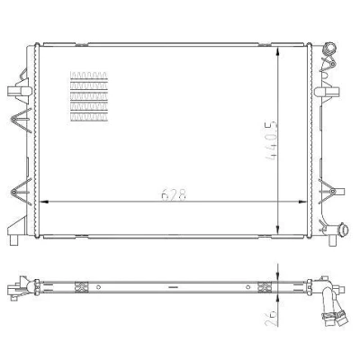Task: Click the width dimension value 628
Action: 174,194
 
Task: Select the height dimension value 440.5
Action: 272,141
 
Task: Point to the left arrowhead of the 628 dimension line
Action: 44,202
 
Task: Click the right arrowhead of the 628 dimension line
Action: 302,202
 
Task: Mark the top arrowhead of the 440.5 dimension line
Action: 279,51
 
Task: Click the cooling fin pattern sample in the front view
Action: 88,96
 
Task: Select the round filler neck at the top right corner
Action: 329,49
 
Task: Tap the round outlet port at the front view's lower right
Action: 343,230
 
